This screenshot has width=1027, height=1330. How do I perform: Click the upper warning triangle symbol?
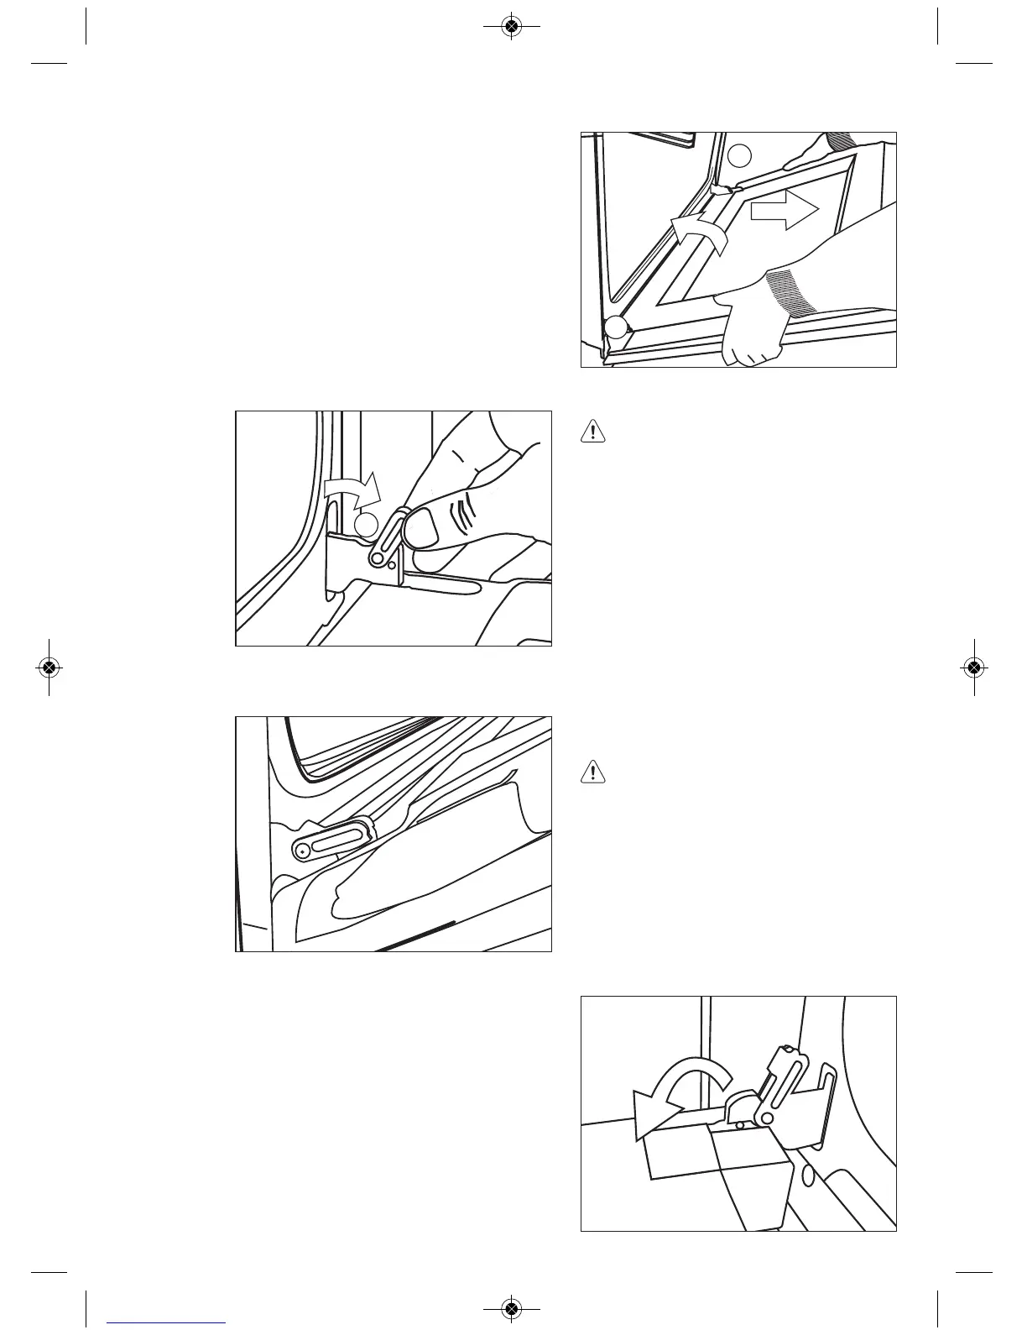(593, 432)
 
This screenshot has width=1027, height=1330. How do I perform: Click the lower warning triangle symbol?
(593, 772)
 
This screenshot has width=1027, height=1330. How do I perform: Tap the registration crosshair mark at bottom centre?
(511, 1308)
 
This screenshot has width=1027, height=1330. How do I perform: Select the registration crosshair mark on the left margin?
(50, 668)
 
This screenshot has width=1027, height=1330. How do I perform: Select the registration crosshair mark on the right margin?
(973, 668)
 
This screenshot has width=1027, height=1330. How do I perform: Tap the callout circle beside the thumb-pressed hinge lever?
(366, 526)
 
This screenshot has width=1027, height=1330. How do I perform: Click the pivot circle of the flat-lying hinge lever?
(302, 851)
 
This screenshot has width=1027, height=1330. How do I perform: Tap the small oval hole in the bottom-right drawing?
(808, 1176)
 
